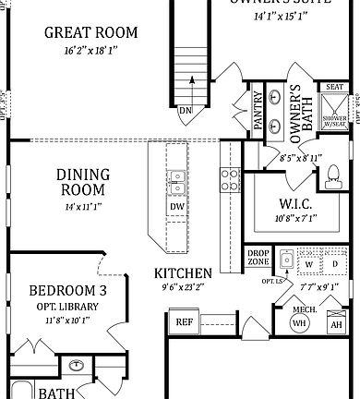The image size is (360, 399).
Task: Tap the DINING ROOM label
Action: pyautogui.click(x=83, y=183)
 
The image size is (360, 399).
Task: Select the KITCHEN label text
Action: pyautogui.click(x=183, y=273)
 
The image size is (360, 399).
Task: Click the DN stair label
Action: pyautogui.click(x=186, y=110)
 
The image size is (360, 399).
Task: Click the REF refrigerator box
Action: pyautogui.click(x=184, y=322)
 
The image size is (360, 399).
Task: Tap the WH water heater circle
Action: pyautogui.click(x=299, y=323)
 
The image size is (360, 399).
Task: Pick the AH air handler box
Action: pyautogui.click(x=336, y=324)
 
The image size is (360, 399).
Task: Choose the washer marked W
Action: pyautogui.click(x=309, y=264)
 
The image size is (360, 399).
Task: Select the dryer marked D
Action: pyautogui.click(x=334, y=264)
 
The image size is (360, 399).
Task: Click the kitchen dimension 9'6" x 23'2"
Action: pyautogui.click(x=183, y=287)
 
